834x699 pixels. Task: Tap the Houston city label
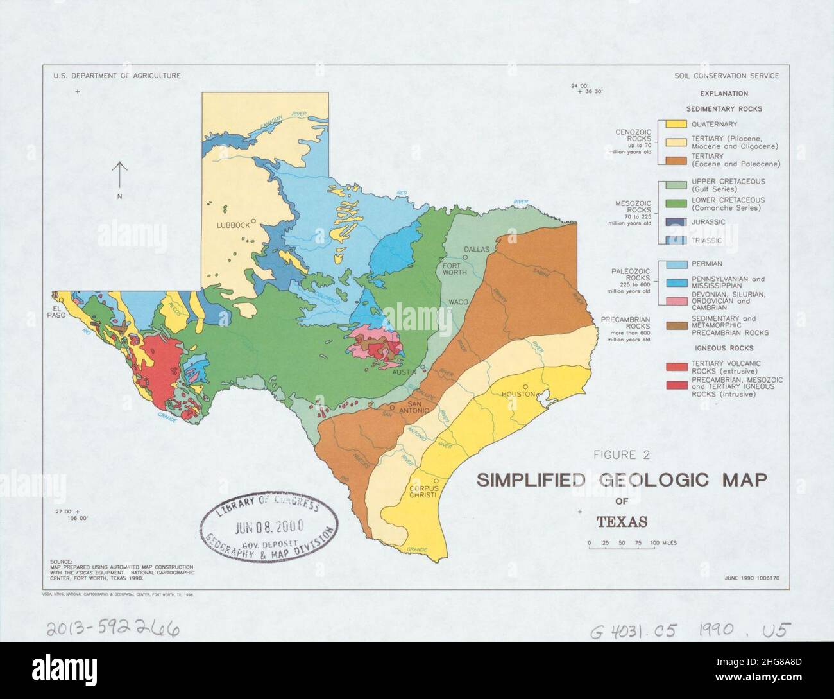(x=519, y=394)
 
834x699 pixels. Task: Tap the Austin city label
(x=404, y=372)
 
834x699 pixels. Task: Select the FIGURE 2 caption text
(x=622, y=456)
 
